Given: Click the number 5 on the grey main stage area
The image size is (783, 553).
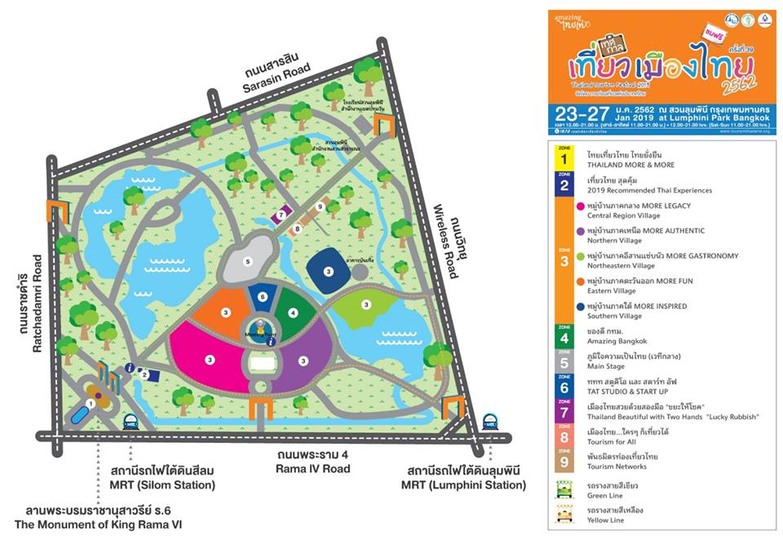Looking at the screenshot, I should coord(247,261).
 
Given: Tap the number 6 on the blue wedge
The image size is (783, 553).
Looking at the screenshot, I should coord(262,297).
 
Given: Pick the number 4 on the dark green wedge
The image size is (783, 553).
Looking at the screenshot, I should coord(291,312).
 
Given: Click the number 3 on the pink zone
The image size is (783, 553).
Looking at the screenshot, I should coord(210,359).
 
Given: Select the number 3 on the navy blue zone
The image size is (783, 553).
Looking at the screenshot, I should coord(328,271).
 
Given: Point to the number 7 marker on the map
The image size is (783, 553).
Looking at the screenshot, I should coord(281,215).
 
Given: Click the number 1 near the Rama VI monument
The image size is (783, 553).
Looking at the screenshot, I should coord(91,403).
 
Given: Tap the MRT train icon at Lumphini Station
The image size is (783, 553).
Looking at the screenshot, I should coord(489,421).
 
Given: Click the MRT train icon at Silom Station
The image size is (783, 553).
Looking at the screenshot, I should coord(130,421).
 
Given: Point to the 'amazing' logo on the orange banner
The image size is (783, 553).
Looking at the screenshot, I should coord(570,21).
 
